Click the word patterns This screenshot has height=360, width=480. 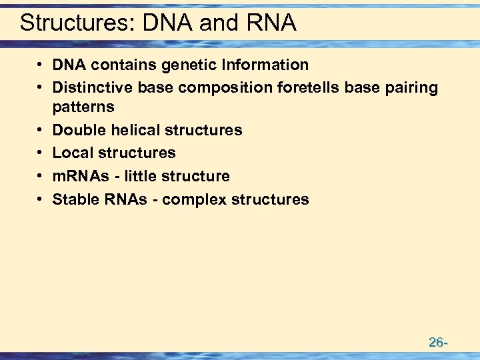[x=83, y=107]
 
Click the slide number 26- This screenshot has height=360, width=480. [x=437, y=343]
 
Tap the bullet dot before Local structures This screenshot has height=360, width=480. [x=41, y=153]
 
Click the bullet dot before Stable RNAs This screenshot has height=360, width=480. [x=41, y=199]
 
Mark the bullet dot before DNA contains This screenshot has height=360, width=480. [x=41, y=65]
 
